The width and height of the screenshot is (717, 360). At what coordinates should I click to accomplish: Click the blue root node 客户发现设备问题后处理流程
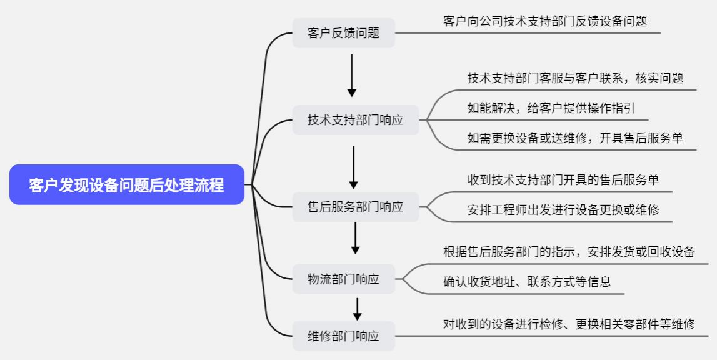point(126,185)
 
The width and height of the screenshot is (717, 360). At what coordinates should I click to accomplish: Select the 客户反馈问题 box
point(344,33)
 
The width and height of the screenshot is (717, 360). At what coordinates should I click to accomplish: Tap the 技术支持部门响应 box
point(356,120)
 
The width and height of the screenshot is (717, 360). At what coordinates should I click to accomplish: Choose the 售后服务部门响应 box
point(356,207)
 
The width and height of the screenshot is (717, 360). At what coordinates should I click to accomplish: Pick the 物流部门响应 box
point(344,279)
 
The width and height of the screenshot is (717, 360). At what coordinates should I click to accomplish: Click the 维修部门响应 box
point(344,336)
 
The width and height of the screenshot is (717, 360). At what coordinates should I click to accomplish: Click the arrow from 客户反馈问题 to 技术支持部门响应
point(352,75)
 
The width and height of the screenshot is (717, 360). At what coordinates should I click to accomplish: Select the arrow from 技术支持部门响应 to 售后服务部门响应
point(354,167)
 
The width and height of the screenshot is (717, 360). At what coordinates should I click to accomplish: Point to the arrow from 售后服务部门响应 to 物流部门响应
point(355,238)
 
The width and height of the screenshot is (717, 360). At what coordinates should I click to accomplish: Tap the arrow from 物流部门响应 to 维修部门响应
point(358,309)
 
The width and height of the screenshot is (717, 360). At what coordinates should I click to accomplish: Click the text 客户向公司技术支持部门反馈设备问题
point(545,21)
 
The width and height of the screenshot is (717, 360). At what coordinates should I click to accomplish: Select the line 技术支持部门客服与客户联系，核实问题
point(575,78)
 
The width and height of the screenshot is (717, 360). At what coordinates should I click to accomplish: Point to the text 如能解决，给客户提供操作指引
point(551,107)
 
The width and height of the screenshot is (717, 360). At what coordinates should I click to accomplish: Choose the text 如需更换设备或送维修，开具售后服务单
point(575,138)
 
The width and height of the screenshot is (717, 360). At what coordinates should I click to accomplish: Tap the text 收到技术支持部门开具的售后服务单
point(563,180)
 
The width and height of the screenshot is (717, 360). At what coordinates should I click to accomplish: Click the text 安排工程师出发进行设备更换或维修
point(563,210)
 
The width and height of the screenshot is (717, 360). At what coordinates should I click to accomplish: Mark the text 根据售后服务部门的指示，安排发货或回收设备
point(569,252)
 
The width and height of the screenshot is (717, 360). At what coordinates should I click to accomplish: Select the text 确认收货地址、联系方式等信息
point(527,282)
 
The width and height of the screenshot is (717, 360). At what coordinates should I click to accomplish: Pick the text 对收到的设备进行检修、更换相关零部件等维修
point(569,324)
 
